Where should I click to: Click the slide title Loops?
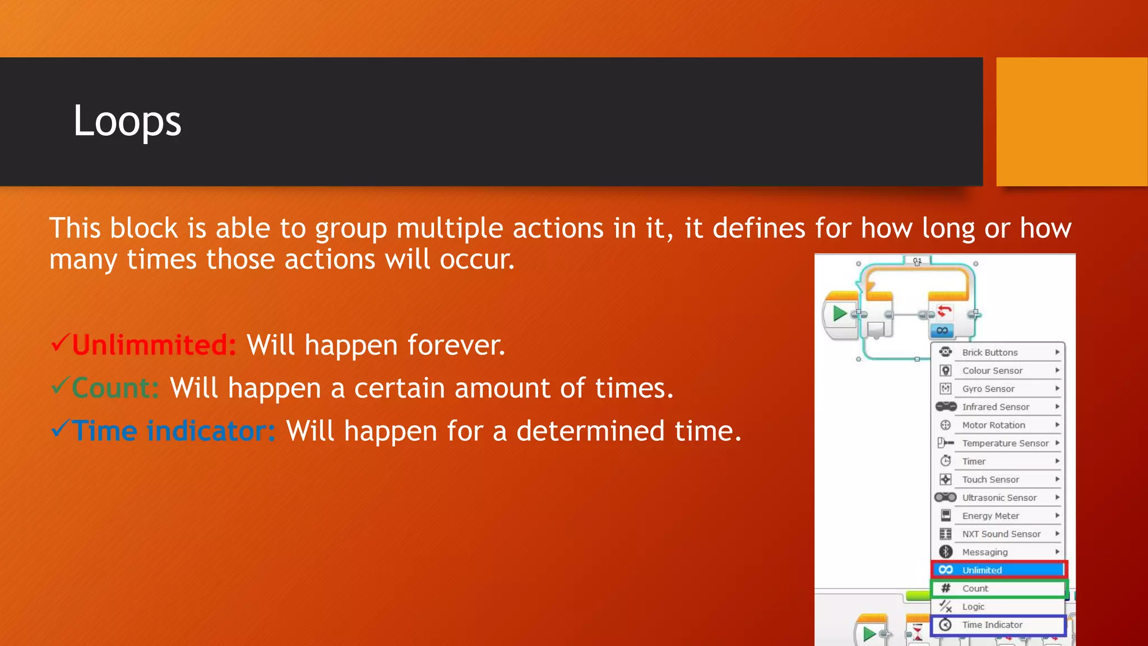(x=127, y=121)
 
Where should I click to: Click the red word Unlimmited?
(x=154, y=345)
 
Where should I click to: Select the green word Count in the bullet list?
(x=115, y=388)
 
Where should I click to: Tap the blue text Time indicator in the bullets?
(x=173, y=431)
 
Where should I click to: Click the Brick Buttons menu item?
(x=989, y=352)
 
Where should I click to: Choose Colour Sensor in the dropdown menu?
(x=992, y=371)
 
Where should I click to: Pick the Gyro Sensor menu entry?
(x=988, y=389)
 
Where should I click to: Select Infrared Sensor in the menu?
(x=996, y=407)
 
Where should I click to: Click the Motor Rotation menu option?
(x=993, y=425)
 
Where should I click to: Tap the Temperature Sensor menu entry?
(x=1005, y=443)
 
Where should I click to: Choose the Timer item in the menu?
(x=974, y=462)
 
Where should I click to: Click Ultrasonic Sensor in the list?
(x=999, y=497)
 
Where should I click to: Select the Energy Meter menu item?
(x=990, y=516)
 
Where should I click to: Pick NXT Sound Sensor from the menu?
(x=1001, y=534)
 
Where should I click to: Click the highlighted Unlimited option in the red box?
(x=982, y=570)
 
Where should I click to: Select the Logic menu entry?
(x=973, y=607)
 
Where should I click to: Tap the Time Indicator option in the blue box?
(x=992, y=625)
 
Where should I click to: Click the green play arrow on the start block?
(x=839, y=313)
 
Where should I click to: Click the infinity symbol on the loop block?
(x=942, y=331)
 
